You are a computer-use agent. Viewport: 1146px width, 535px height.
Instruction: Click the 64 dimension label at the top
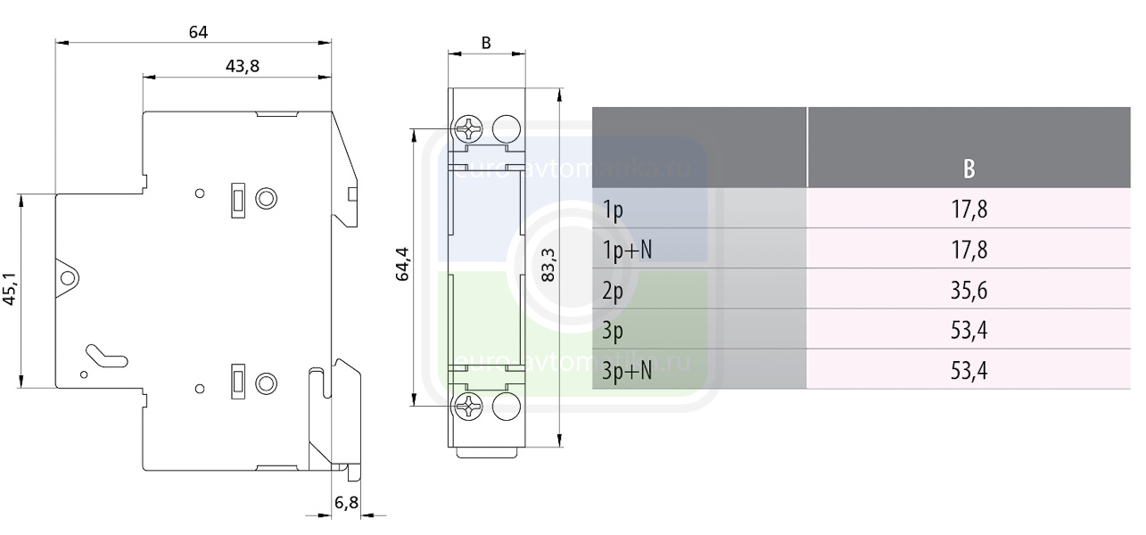[x=198, y=32]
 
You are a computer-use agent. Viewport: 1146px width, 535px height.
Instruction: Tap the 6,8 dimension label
[x=346, y=503]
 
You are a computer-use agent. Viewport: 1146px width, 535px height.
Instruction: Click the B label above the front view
[x=486, y=43]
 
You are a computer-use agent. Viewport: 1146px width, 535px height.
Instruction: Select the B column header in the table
[x=969, y=169]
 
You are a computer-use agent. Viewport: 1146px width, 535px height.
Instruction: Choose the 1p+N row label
[x=627, y=250]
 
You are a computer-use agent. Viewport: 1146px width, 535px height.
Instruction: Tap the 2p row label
[x=614, y=291]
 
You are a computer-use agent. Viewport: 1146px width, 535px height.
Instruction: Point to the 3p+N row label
[x=628, y=370]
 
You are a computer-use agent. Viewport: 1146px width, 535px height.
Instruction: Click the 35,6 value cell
[x=969, y=291]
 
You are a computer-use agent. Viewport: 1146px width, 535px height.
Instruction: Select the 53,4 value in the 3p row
[x=969, y=331]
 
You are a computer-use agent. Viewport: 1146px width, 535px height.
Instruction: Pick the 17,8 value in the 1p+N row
[x=969, y=250]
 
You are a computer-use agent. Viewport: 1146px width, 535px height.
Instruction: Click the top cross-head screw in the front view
[x=468, y=129]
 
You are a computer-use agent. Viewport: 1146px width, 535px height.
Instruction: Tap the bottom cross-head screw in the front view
[x=468, y=407]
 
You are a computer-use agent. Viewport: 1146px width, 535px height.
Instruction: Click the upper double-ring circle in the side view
[x=266, y=198]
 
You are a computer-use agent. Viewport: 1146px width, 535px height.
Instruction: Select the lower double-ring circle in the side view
[x=266, y=383]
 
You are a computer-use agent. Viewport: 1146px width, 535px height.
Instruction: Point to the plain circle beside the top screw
[x=506, y=128]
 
